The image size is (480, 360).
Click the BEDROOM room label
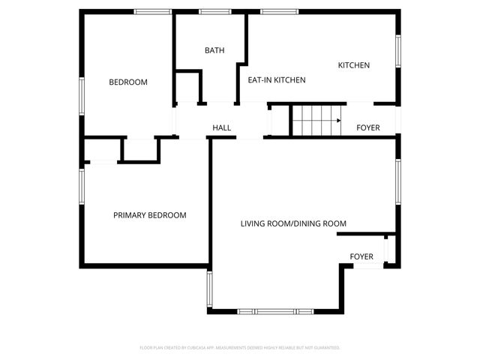[x=128, y=82]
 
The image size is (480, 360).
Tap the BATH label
[x=214, y=50]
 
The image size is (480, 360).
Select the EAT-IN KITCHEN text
[x=277, y=79]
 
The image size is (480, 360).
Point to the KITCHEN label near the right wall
[x=354, y=65]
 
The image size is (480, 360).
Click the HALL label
[x=222, y=128]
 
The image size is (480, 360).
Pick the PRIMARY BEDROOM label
[x=150, y=215]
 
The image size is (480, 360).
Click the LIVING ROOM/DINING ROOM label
[x=293, y=223]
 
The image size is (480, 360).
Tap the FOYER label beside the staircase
[x=367, y=128]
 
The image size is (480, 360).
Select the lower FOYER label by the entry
[x=362, y=257]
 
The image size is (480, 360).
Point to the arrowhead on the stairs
[x=339, y=120]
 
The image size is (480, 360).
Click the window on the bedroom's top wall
[x=153, y=11]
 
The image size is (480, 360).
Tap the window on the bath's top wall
[x=214, y=11]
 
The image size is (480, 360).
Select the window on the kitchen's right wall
[x=398, y=52]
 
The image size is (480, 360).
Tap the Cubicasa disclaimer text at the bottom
[x=240, y=348]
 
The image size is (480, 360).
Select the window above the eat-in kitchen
[x=279, y=11]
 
